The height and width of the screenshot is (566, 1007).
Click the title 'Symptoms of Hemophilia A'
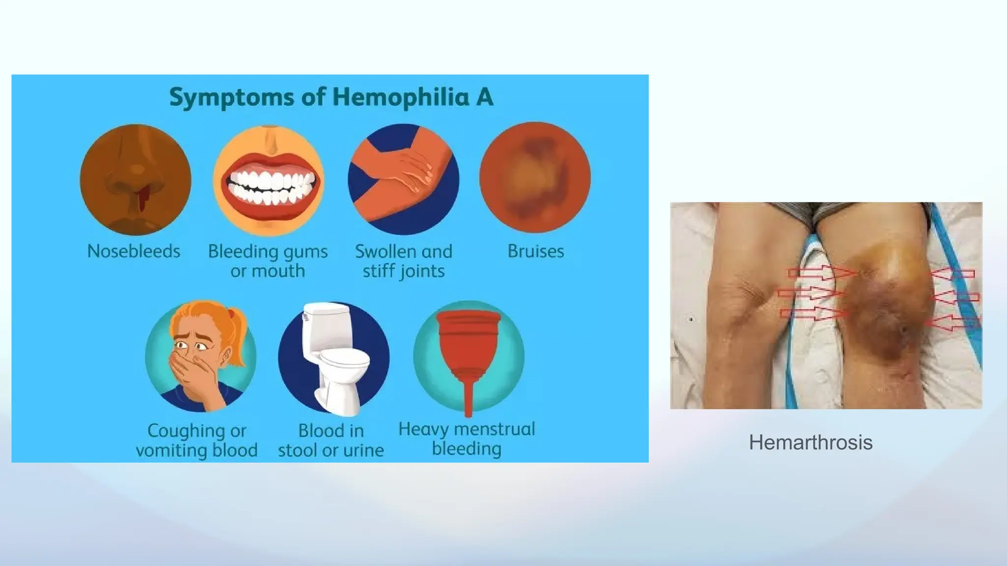click(331, 97)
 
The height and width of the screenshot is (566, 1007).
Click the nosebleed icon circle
click(135, 180)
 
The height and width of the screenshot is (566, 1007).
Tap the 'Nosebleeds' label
click(134, 252)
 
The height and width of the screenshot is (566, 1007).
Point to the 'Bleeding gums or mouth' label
click(268, 261)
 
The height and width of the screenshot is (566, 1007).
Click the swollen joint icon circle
click(403, 179)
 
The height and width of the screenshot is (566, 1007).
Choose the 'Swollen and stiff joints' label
click(404, 261)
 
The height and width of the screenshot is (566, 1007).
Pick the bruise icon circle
click(535, 178)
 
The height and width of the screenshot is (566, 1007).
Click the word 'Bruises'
click(535, 252)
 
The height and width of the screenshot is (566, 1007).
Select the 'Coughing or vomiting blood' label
click(197, 440)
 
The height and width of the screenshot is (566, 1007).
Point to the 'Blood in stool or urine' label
click(331, 440)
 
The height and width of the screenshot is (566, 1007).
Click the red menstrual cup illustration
click(468, 344)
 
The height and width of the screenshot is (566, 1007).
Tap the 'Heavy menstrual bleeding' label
click(467, 439)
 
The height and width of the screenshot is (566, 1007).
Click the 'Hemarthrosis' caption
click(810, 443)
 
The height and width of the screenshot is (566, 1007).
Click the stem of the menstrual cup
click(468, 398)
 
